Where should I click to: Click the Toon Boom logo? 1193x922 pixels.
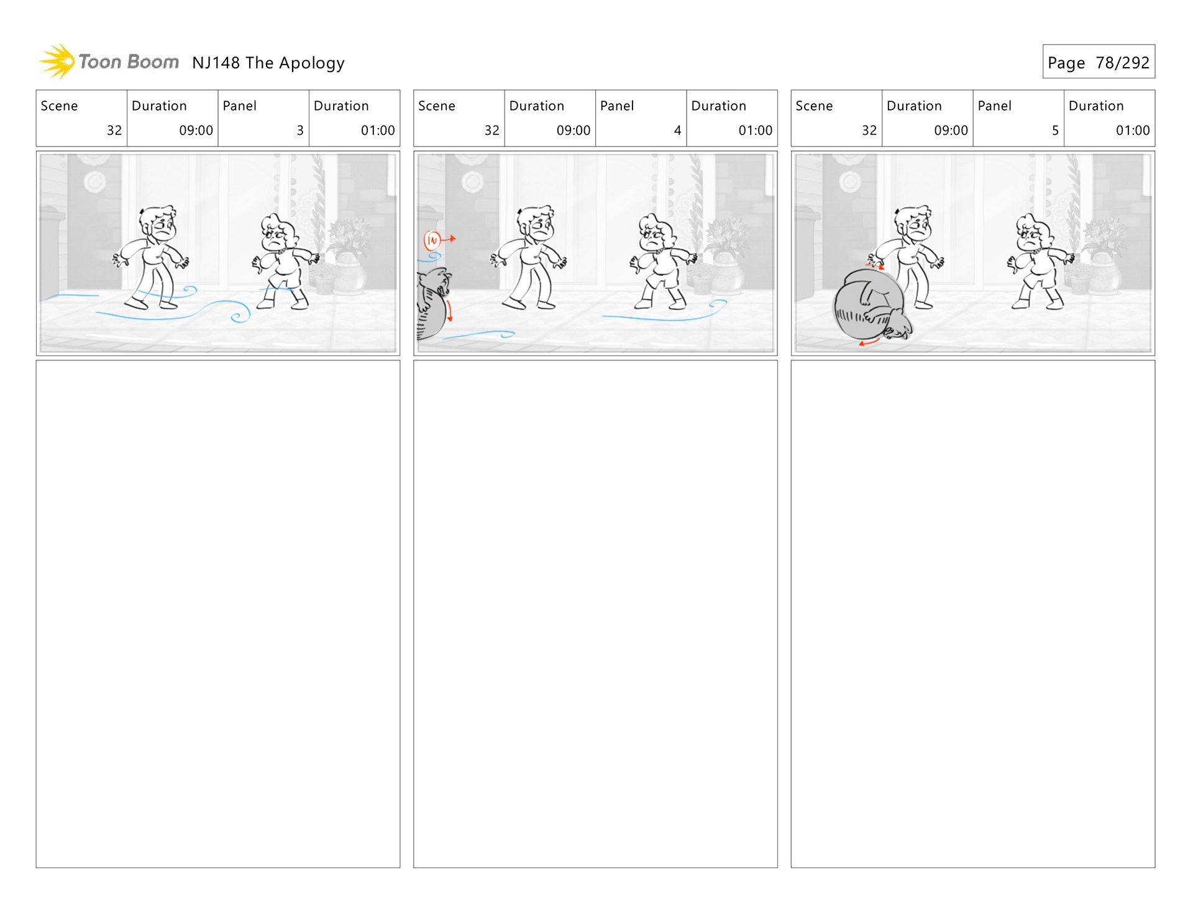109,62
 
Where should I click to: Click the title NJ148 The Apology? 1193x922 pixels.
268,63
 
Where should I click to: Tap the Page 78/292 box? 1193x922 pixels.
1099,62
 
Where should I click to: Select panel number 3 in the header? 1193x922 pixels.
300,130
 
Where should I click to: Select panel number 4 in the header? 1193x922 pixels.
677,130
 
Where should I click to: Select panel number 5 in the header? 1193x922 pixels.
1055,130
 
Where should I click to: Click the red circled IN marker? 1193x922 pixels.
432,239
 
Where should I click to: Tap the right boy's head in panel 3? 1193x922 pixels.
277,232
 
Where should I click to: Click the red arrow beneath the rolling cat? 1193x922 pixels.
869,341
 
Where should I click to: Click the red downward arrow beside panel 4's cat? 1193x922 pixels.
449,310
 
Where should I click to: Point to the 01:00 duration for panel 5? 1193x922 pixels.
1133,130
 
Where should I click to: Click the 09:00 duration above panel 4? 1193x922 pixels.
574,130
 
